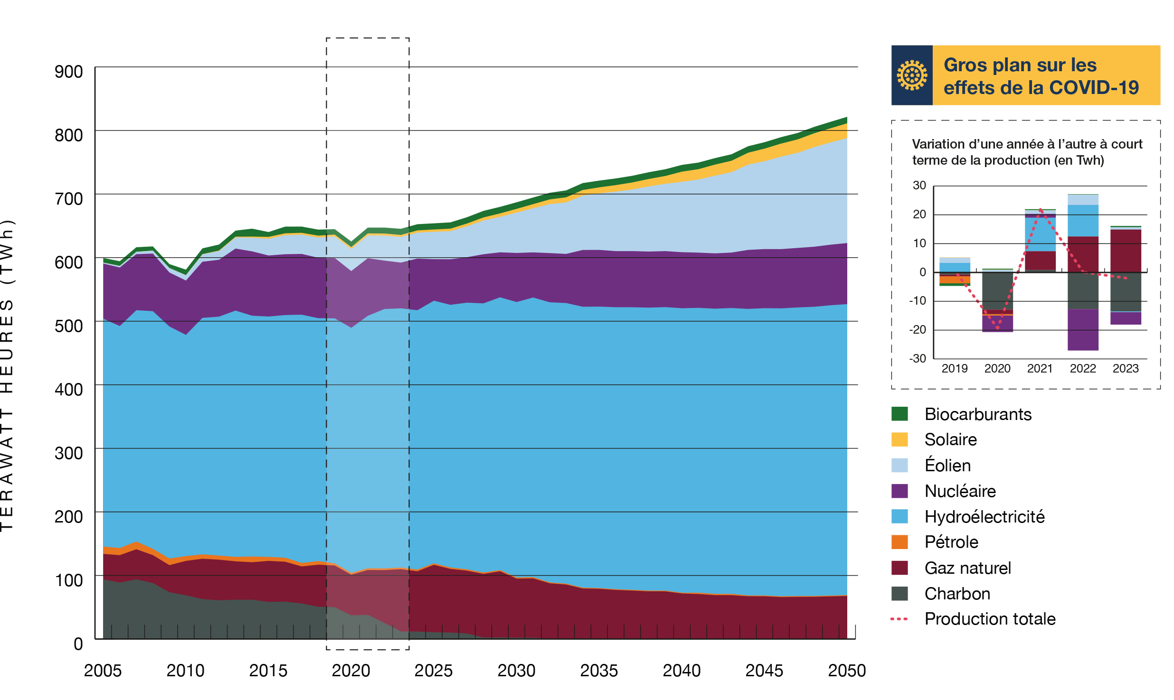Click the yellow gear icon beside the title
pyautogui.click(x=911, y=75)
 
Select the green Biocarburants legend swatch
pyautogui.click(x=899, y=414)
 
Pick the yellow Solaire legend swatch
pyautogui.click(x=899, y=439)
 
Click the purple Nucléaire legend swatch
pyautogui.click(x=899, y=491)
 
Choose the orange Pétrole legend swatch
pyautogui.click(x=899, y=542)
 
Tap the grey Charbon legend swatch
pyautogui.click(x=899, y=593)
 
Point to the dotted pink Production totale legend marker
pyautogui.click(x=899, y=619)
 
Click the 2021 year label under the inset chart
pyautogui.click(x=1040, y=369)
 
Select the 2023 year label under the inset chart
pyautogui.click(x=1126, y=369)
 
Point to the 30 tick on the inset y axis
pyautogui.click(x=919, y=186)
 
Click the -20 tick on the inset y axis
pyautogui.click(x=918, y=329)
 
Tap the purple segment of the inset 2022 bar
pyautogui.click(x=1083, y=330)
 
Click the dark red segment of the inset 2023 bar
pyautogui.click(x=1126, y=250)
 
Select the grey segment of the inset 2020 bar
pyautogui.click(x=997, y=290)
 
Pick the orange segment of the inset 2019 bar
pyautogui.click(x=955, y=280)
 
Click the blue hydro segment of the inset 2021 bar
pyautogui.click(x=1040, y=234)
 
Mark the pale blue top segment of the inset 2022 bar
pyautogui.click(x=1083, y=199)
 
